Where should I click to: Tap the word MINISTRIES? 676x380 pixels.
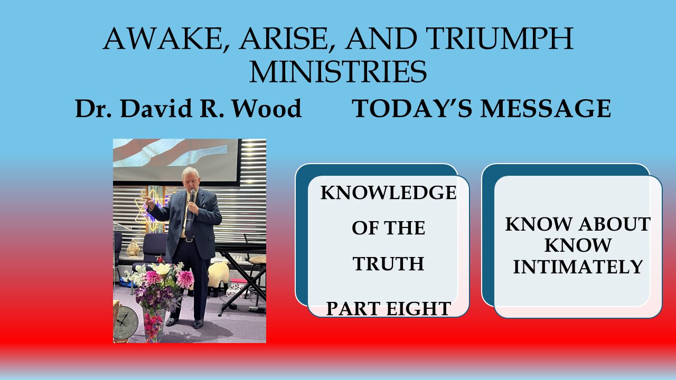(338, 72)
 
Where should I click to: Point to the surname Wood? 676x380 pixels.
(268, 109)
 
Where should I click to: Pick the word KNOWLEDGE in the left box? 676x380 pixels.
(388, 193)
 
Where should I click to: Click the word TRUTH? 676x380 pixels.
(388, 263)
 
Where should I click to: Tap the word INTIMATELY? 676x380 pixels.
(578, 267)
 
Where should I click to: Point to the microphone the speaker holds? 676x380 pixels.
(192, 197)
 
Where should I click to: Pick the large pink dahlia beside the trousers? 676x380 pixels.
(185, 279)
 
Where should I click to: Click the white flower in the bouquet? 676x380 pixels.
(162, 269)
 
